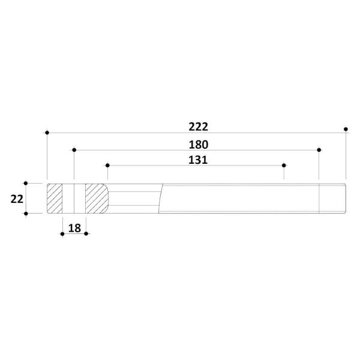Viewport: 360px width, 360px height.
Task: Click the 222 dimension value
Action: [x=199, y=127]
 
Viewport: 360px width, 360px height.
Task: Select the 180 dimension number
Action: [x=199, y=145]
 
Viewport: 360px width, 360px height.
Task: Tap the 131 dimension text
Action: [x=198, y=160]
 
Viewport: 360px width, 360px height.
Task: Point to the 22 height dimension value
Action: [x=17, y=199]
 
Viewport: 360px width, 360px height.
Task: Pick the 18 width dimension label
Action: [x=74, y=228]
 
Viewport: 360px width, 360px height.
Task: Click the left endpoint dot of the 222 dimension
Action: [x=47, y=133]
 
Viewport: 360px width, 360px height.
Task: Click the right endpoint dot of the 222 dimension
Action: [x=346, y=129]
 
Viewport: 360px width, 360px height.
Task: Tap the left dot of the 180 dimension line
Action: [x=74, y=150]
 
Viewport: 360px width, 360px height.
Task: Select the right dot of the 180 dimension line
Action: [x=319, y=150]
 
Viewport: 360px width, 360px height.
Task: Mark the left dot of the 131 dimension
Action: [x=107, y=166]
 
